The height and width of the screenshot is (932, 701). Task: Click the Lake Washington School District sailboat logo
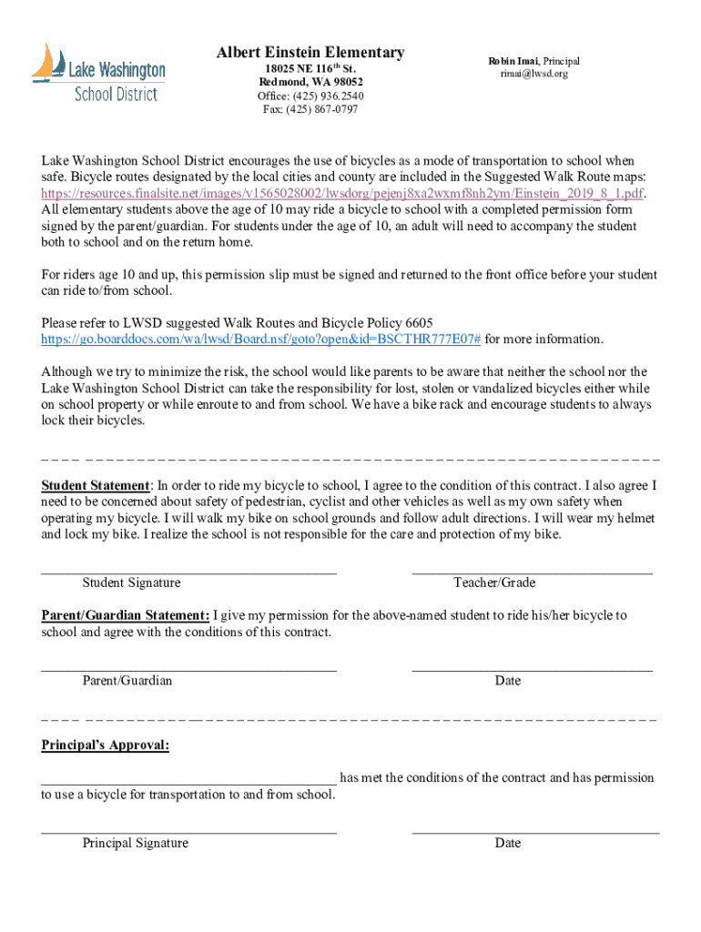point(98,73)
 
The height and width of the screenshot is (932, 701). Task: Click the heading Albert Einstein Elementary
point(310,53)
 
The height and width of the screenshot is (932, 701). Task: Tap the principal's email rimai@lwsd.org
point(533,74)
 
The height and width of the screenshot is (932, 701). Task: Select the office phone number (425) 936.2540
point(310,96)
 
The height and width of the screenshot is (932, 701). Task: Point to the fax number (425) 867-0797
point(310,109)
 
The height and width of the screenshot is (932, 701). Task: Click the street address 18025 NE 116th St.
point(310,68)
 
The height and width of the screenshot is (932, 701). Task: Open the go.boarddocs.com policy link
point(260,339)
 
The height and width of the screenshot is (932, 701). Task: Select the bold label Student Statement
point(95,485)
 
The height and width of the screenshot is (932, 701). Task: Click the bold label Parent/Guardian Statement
point(126,615)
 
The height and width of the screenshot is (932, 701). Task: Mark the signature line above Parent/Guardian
point(188,670)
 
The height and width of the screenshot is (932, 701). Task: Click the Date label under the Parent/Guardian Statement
point(508,681)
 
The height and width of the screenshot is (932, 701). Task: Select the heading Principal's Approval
point(105,745)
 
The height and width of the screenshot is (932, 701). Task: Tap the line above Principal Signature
point(188,832)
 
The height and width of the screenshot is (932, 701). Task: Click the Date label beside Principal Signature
point(508,843)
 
